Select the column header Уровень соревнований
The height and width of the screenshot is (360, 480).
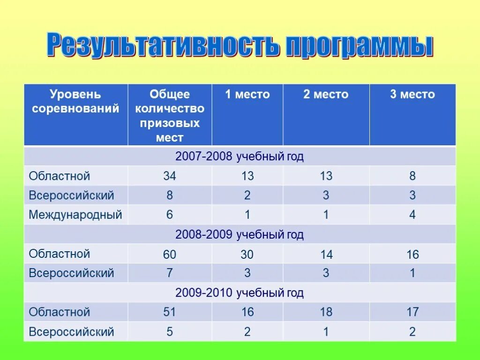pyautogui.click(x=75, y=102)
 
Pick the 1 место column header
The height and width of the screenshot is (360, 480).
pyautogui.click(x=247, y=95)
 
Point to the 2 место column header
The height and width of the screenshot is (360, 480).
pyautogui.click(x=326, y=95)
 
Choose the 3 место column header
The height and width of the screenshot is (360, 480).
pyautogui.click(x=412, y=95)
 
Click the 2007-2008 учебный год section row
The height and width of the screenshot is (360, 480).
pyautogui.click(x=240, y=157)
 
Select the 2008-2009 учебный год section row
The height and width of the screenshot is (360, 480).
pyautogui.click(x=240, y=234)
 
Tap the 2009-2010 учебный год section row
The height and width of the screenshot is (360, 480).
pyautogui.click(x=240, y=293)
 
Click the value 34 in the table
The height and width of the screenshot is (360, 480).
pyautogui.click(x=170, y=176)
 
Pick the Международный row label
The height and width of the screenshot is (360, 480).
pyautogui.click(x=75, y=215)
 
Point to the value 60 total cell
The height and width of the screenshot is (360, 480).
pyautogui.click(x=170, y=255)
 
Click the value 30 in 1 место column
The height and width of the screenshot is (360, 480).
pyautogui.click(x=247, y=255)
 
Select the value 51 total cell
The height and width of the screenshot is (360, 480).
pyautogui.click(x=170, y=312)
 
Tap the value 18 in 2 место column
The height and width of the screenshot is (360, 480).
pyautogui.click(x=326, y=312)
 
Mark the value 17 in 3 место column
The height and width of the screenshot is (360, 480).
pyautogui.click(x=412, y=312)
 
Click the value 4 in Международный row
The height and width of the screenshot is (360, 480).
pyautogui.click(x=412, y=215)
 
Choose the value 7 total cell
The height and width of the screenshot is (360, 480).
pyautogui.click(x=170, y=273)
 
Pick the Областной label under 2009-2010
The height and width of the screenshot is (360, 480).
pyautogui.click(x=60, y=312)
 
